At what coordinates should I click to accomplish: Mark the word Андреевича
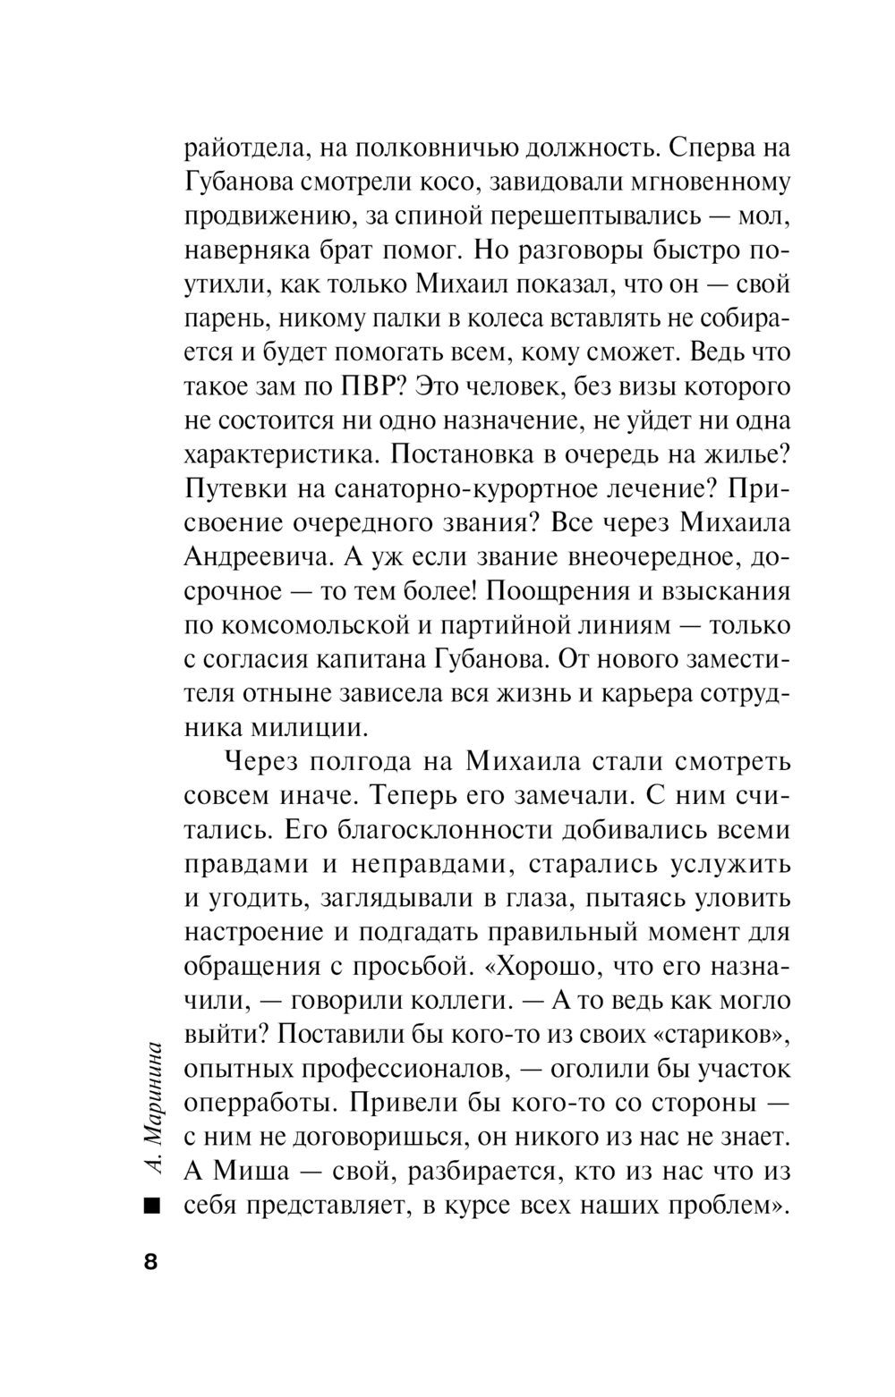[x=253, y=558]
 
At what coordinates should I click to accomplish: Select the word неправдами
[x=413, y=865]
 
